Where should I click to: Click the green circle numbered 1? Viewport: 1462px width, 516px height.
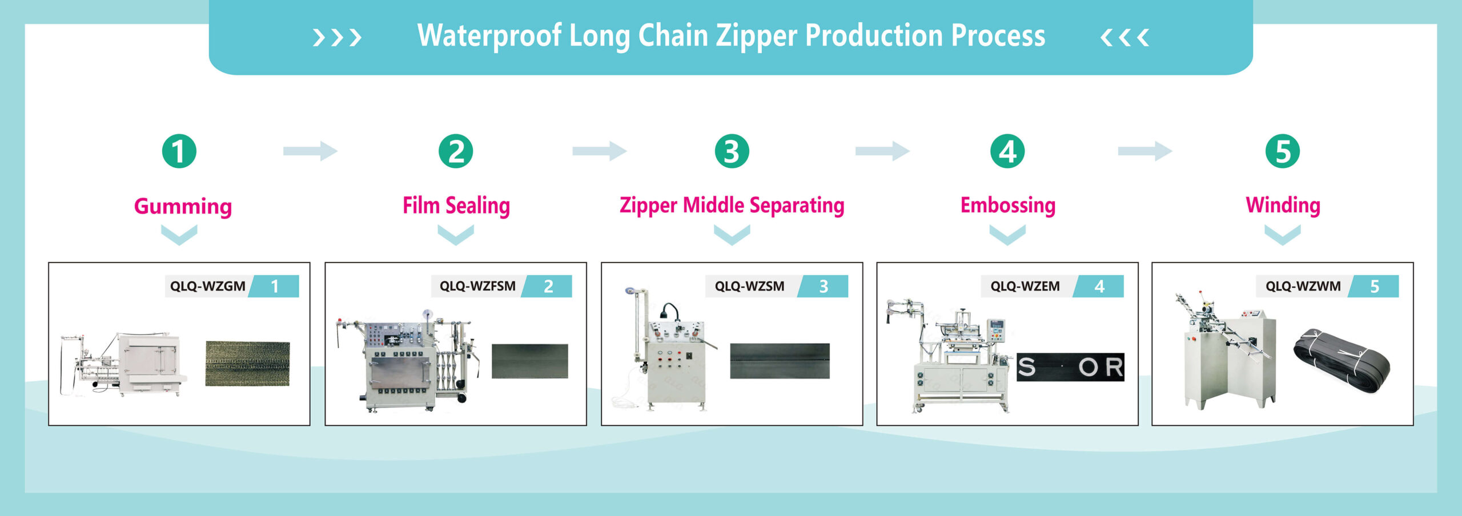click(x=179, y=151)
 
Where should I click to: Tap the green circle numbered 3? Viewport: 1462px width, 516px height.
click(x=732, y=151)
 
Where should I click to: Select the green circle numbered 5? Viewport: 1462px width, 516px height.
click(x=1283, y=151)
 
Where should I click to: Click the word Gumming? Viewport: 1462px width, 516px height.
click(x=183, y=207)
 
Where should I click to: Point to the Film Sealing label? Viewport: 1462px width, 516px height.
click(x=456, y=206)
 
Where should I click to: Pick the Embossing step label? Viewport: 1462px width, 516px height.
click(x=1007, y=205)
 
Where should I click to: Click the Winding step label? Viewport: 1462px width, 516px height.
click(x=1283, y=205)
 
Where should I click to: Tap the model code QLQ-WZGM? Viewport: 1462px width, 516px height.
click(x=208, y=286)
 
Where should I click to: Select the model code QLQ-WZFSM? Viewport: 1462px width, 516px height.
click(x=477, y=286)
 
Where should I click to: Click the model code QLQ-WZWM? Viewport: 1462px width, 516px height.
click(x=1303, y=286)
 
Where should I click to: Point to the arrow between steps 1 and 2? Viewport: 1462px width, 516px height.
click(x=310, y=151)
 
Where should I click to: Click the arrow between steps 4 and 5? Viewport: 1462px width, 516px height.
click(x=1144, y=151)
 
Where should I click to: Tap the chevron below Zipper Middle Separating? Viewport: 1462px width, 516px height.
click(x=732, y=235)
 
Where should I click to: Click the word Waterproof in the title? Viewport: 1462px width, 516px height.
click(x=489, y=36)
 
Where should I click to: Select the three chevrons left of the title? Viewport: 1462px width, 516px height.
click(x=337, y=38)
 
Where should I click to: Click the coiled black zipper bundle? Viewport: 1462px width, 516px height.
click(x=1341, y=361)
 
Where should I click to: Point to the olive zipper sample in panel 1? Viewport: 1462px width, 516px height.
click(x=247, y=364)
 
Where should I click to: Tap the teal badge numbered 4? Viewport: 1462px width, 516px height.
click(x=1098, y=286)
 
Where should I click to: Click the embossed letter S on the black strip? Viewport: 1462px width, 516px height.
click(x=1026, y=367)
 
